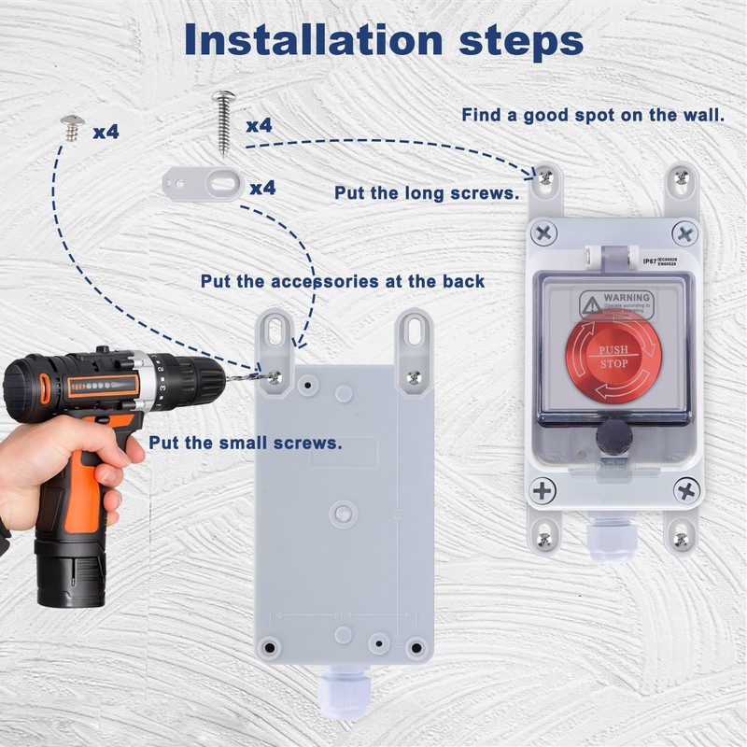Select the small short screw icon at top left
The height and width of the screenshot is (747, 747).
tap(71, 127)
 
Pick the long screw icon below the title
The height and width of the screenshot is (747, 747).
tap(225, 120)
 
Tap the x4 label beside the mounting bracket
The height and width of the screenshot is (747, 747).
tap(262, 188)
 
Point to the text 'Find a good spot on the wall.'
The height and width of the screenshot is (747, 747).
tap(593, 116)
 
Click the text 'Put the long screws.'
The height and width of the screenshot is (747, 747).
tap(426, 193)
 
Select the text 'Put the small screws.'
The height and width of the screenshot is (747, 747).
tap(245, 442)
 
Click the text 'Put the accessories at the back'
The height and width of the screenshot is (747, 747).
tap(342, 281)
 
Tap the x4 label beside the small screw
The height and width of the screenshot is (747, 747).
tap(106, 132)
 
